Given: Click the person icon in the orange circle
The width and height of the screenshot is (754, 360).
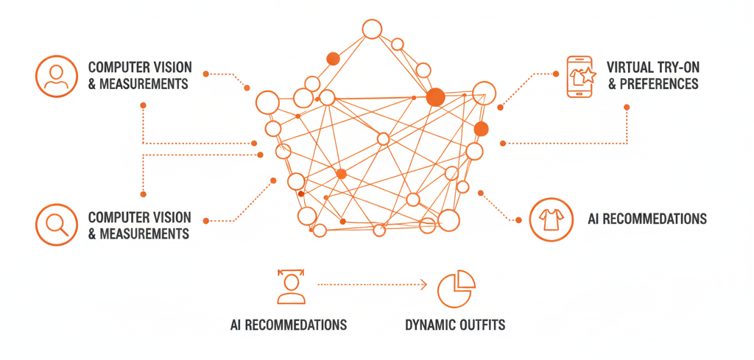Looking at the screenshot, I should coord(56,77).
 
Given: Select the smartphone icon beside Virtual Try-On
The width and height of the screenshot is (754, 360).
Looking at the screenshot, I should coord(579,76).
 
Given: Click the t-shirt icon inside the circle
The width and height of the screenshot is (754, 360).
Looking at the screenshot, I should coord(552,219).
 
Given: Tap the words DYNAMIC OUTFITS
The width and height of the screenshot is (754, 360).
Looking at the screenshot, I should coord(455,325).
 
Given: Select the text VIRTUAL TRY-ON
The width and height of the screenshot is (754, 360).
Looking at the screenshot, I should coord(653,68).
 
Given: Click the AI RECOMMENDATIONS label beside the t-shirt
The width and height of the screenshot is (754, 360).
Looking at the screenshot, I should coord(647,219).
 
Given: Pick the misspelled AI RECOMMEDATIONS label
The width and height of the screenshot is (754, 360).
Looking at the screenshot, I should coord(288,325).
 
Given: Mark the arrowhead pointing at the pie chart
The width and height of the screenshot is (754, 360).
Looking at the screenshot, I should coord(423,283).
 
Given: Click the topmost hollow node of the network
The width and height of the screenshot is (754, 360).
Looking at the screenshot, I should coord(372,29).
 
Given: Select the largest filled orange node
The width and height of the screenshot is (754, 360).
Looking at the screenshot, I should coord(435,96).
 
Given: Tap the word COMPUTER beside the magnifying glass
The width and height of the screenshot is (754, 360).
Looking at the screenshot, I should coord(119,218).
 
